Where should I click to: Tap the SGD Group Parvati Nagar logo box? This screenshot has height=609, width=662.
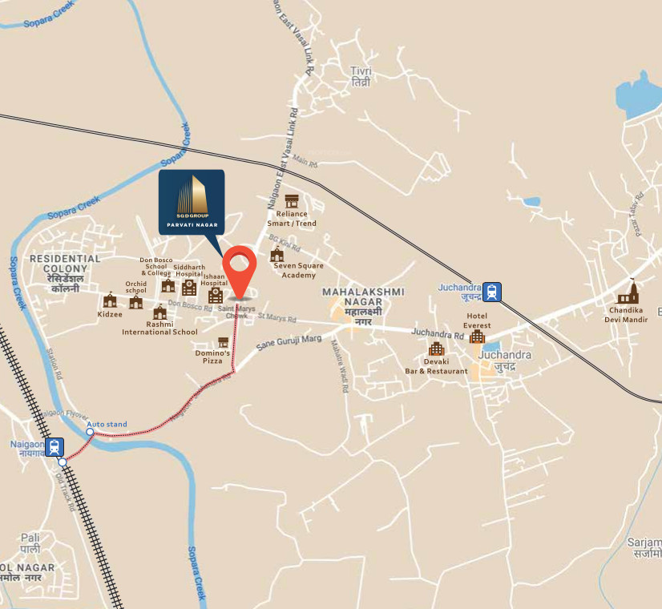tap(191, 201)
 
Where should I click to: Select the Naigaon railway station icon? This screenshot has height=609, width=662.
tap(54, 446)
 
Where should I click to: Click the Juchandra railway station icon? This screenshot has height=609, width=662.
tap(491, 290)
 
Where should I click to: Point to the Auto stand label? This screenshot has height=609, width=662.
tap(107, 424)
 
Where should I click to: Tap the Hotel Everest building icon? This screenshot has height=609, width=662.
tap(477, 337)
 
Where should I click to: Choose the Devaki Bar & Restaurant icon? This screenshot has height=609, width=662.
tap(436, 349)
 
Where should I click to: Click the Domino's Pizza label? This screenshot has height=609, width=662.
tap(212, 357)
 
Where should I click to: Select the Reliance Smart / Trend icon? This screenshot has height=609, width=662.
tap(292, 200)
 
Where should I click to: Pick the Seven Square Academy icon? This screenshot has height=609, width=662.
tap(277, 255)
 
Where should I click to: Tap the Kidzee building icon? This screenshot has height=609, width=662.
tap(110, 300)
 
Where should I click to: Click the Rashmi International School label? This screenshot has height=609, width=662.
tap(159, 332)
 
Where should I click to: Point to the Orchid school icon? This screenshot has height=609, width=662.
tap(136, 301)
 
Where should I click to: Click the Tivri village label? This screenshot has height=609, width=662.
tap(361, 77)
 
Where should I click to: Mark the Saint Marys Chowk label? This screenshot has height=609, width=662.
tap(236, 313)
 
